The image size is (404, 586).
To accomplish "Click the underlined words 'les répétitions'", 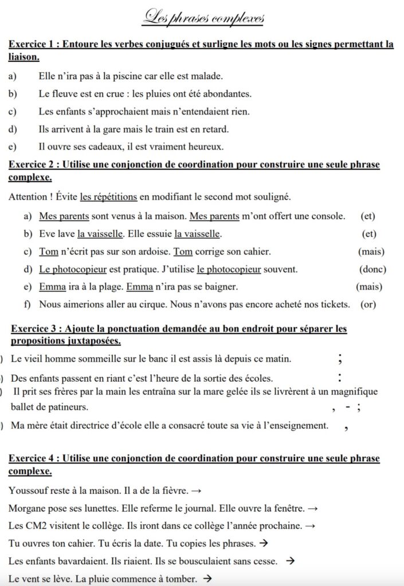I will coord(108,197).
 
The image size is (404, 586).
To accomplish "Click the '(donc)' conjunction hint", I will coord(372,269).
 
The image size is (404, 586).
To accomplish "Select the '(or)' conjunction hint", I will coord(368,304).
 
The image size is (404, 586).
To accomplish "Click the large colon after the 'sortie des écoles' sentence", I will coord(340,378).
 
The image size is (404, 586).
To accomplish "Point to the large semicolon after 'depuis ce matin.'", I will coord(340,359).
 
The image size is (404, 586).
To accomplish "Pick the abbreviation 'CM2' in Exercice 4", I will coord(34,525).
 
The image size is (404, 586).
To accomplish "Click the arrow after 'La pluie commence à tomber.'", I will coord(207,579).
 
